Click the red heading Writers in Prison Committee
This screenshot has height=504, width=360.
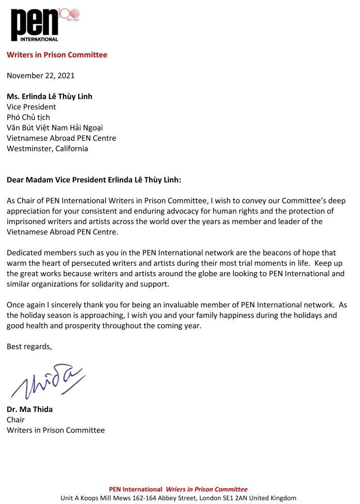[x=57, y=55]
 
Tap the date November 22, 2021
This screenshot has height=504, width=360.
[x=40, y=76]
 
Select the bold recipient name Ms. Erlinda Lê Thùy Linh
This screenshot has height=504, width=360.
[x=49, y=96]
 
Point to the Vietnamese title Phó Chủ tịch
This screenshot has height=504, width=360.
[x=28, y=117]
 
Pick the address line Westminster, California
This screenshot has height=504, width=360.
[x=47, y=149]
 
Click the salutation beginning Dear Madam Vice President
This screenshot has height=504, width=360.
[x=94, y=180]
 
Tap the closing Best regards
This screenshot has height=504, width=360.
[x=29, y=346]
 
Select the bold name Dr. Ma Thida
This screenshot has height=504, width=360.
[x=30, y=409]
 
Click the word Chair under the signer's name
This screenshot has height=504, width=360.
[x=15, y=420]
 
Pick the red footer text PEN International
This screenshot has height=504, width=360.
[x=135, y=489]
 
